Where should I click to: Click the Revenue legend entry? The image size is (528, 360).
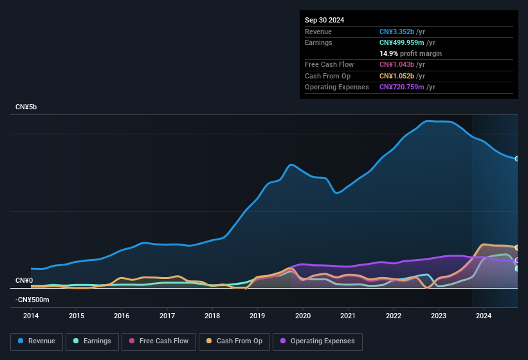[x=37, y=341]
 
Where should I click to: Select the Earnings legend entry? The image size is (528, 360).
[x=92, y=341]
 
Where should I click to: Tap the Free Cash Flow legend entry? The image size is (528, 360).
[x=158, y=341]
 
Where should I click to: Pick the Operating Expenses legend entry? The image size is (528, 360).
[x=317, y=341]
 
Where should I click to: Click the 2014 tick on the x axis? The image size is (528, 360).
[x=31, y=316]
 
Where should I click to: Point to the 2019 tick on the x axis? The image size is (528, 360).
[x=257, y=316]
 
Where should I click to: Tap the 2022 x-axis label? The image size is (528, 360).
[x=394, y=316]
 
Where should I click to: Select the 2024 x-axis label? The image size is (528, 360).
[x=484, y=316]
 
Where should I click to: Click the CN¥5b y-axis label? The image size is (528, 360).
[x=26, y=107]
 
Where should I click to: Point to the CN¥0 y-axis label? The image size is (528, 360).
[x=24, y=281]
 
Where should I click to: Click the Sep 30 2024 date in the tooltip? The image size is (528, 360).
[x=324, y=20]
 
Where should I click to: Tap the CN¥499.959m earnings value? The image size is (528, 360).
[x=401, y=42]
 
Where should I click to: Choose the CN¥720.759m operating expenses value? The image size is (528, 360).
[x=401, y=87]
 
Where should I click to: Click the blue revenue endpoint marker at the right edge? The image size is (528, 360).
[x=517, y=159]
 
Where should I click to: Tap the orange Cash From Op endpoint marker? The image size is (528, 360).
[x=517, y=248]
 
